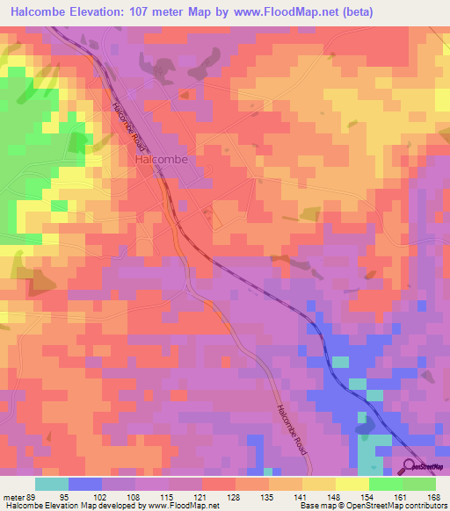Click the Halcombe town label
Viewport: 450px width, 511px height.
157,161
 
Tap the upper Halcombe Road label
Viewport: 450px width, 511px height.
128,123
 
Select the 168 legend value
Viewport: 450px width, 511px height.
432,495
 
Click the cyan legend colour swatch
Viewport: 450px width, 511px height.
52,484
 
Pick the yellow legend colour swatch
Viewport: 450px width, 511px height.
352,484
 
